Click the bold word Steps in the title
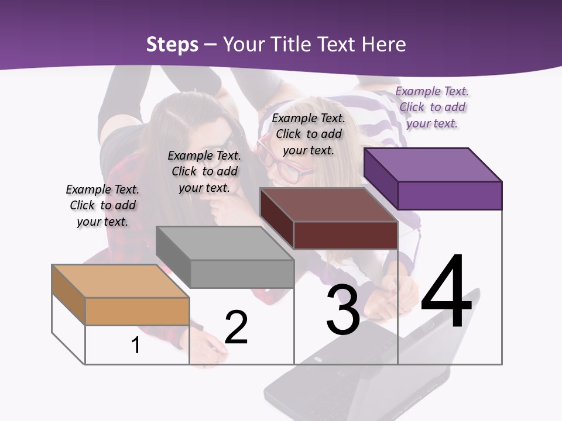pos(172,44)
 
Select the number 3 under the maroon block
pos(343,310)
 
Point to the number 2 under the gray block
pos(236,327)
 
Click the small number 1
pos(136,345)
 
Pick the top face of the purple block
pos(433,164)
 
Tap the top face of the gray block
pos(225,243)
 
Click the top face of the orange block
pos(121,281)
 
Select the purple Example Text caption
pos(432,107)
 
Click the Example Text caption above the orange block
pos(102,205)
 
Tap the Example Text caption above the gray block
pos(204,171)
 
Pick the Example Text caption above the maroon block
pos(309,134)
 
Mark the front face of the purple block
pos(450,195)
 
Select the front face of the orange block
pos(137,311)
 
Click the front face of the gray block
pos(242,274)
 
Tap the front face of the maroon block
pos(345,235)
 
